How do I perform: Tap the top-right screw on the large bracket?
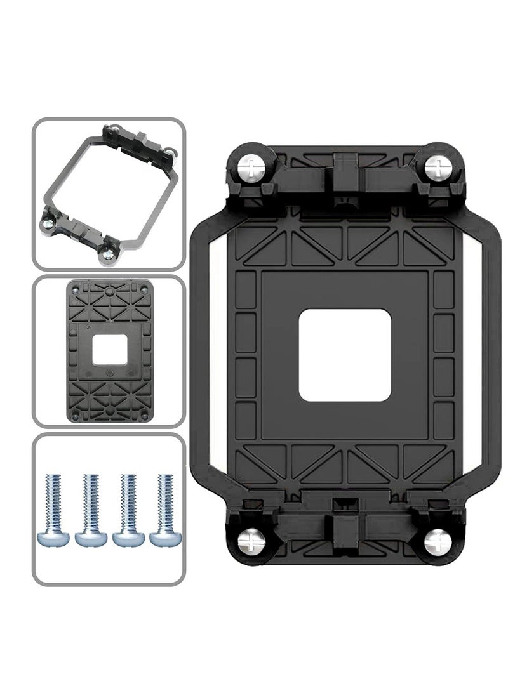(438, 168)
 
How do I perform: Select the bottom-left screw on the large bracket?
(251, 541)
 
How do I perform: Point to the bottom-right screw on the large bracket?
(438, 541)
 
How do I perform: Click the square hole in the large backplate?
(344, 355)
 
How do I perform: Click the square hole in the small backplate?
(109, 351)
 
